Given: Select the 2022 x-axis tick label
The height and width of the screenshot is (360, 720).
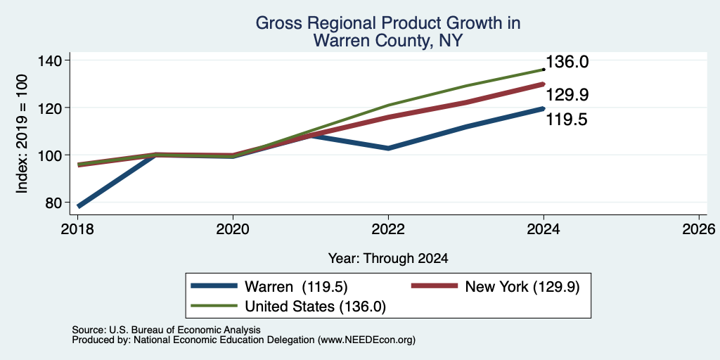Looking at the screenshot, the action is [x=388, y=229].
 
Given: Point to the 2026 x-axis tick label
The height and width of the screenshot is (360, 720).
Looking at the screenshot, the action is [x=699, y=229].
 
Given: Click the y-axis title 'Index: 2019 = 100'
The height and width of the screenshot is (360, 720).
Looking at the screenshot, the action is [x=22, y=134].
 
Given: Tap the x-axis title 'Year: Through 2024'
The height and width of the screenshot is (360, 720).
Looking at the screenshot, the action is [x=388, y=259].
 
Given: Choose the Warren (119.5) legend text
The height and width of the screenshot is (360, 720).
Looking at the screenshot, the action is [x=296, y=287].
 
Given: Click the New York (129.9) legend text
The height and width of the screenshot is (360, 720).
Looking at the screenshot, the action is [x=522, y=287].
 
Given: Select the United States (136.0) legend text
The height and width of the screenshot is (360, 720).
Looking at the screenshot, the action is [x=315, y=307].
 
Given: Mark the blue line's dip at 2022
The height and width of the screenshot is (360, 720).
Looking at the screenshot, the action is [x=388, y=148].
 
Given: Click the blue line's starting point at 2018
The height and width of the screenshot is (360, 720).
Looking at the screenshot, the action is [x=79, y=206].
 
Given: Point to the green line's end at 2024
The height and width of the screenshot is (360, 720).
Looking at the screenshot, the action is [x=544, y=70].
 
